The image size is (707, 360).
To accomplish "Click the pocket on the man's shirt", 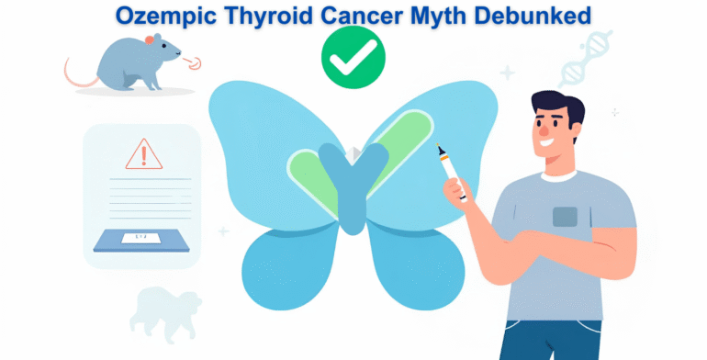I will click(565, 217).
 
